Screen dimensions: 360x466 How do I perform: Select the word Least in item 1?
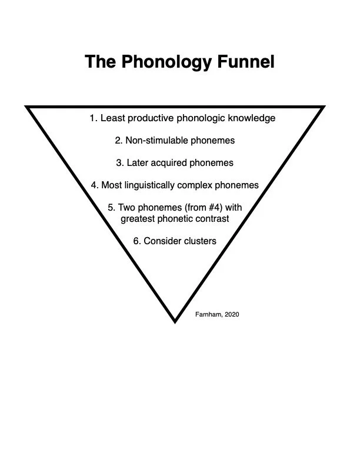click(112, 118)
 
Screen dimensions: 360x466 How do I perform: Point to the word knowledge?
click(252, 118)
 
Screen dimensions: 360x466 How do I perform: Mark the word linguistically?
click(155, 185)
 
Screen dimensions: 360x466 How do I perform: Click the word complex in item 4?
click(203, 185)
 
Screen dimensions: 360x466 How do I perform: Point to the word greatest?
click(139, 219)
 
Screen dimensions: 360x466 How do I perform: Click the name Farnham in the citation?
click(208, 314)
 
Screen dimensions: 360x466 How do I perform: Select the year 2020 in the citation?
click(231, 314)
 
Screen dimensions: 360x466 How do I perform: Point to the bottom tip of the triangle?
click(175, 321)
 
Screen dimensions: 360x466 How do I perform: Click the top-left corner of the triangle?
click(27, 107)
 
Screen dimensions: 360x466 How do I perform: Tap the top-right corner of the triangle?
click(323, 107)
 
